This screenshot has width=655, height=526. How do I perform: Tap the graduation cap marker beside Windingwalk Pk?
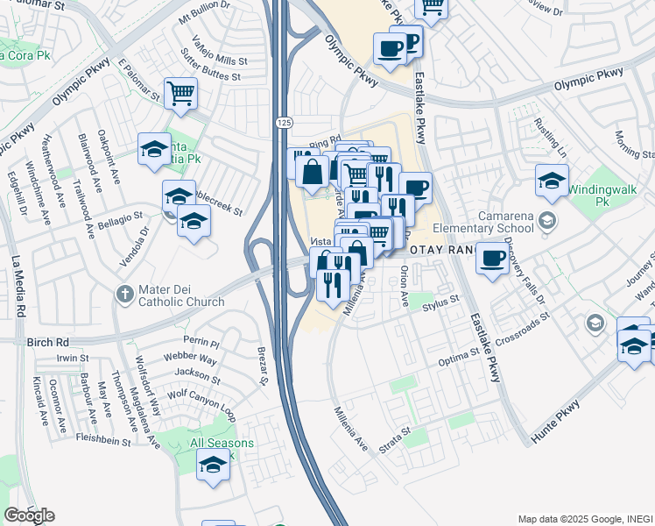coord(551,181)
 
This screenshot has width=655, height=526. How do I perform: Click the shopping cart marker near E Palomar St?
coord(180,91)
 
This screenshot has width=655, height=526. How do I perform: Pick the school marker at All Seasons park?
coord(212,464)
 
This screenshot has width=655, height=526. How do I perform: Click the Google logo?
coord(29,515)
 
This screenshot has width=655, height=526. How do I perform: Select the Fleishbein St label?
coord(102,437)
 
